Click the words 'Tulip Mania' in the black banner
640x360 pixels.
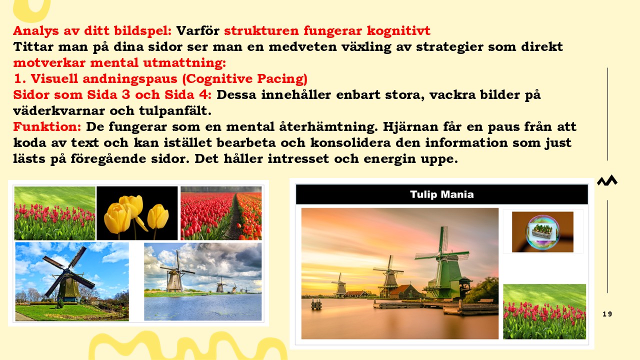tap(441, 194)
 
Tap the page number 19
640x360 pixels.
tap(607, 314)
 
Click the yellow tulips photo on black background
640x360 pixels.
tap(137, 213)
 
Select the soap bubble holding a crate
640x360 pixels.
tap(542, 231)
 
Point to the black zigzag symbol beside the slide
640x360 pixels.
tap(607, 180)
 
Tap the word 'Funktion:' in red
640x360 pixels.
tap(47, 126)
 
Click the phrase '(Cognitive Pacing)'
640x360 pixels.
tap(244, 79)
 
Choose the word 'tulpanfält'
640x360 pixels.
tap(175, 111)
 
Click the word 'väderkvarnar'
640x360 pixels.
tap(59, 111)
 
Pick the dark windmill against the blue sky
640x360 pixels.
tap(68, 274)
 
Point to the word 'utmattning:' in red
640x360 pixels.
tap(184, 63)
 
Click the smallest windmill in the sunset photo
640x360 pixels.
tap(340, 284)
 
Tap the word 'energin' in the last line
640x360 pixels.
tap(389, 159)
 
